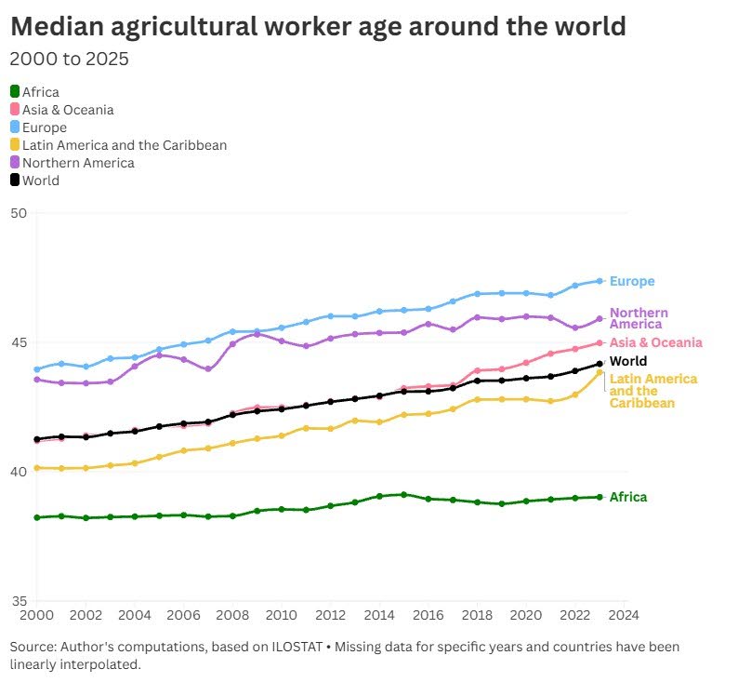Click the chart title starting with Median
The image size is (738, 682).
pos(318,27)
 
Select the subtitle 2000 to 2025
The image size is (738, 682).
pos(69,60)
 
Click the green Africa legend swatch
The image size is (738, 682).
pos(15,92)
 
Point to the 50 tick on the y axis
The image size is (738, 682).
pos(19,213)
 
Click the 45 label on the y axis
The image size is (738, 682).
pos(19,342)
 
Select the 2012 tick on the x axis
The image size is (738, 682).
pos(330,615)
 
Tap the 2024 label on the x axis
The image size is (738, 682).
pos(625,615)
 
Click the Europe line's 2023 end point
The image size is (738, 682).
pos(600,281)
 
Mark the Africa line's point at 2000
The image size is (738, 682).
pos(37,517)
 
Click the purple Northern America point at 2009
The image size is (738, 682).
pos(257,334)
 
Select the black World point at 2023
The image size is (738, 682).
pos(600,364)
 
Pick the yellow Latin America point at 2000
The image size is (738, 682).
pos(37,468)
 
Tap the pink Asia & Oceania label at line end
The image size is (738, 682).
pos(655,342)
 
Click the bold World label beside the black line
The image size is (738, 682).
pos(628,361)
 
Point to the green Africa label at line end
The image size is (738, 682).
pos(628,497)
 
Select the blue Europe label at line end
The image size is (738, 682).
pos(632,281)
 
